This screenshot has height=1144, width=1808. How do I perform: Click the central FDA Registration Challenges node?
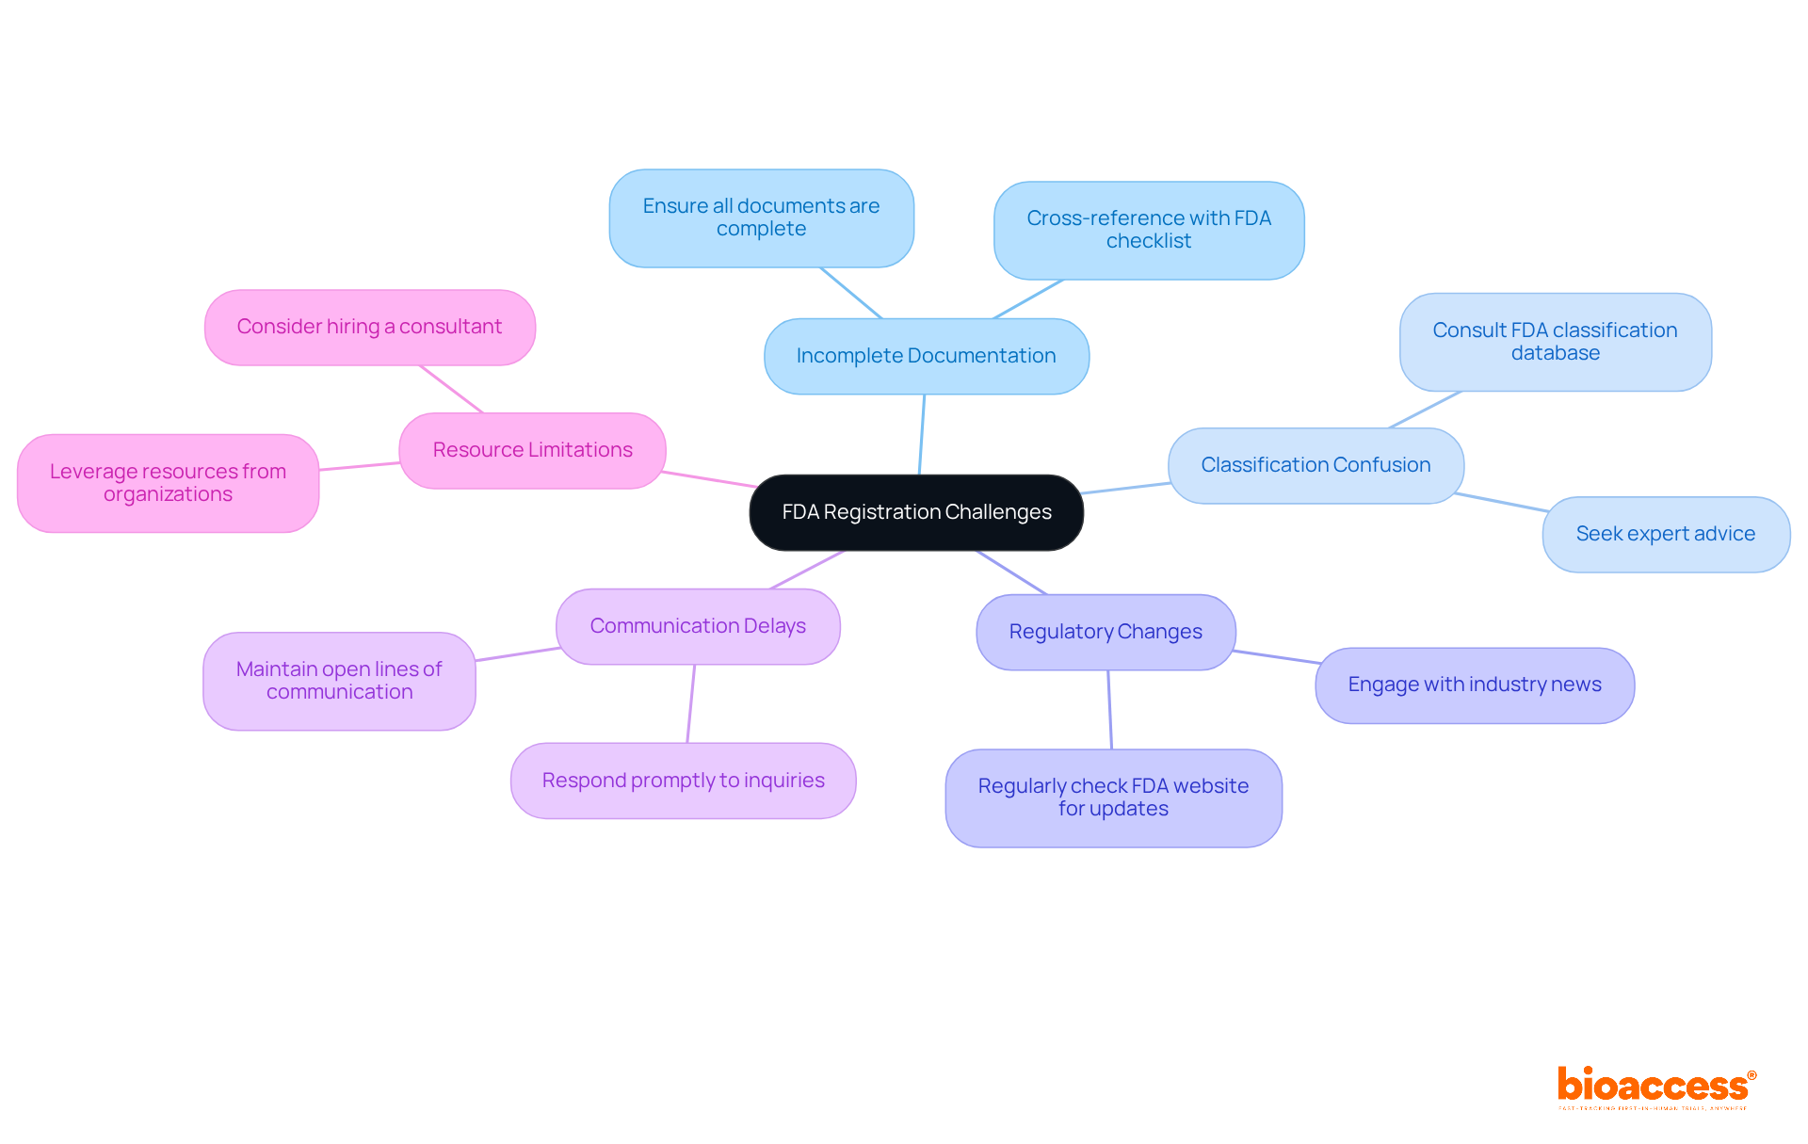point(916,512)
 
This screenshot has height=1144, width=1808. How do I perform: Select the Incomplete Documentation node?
point(926,356)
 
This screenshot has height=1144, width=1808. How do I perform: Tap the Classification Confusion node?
point(1316,465)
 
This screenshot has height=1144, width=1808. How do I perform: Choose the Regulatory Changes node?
point(1106,632)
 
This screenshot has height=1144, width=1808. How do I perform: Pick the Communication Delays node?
point(698,626)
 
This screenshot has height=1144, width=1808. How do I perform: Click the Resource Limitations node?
point(532,450)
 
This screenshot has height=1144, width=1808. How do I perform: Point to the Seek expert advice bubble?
point(1665,534)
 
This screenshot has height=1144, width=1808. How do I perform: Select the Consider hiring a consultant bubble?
point(369,327)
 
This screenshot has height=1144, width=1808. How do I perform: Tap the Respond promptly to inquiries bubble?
point(683,781)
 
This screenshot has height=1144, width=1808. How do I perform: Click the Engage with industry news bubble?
point(1474,685)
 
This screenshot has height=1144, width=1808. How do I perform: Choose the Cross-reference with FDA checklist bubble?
point(1148,230)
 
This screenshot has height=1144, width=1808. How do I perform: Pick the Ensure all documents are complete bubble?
point(761,218)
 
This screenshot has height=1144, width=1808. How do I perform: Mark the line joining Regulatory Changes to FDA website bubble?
point(1110,710)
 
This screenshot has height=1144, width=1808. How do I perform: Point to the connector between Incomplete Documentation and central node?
point(922,434)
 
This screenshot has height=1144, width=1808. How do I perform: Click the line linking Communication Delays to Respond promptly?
point(691,703)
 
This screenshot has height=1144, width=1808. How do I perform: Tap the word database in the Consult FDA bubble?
point(1555,353)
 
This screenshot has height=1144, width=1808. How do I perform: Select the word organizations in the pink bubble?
point(168,494)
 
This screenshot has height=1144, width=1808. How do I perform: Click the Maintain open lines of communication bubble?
point(339,681)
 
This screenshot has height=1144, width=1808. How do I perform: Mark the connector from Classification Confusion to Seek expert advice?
point(1502,503)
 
